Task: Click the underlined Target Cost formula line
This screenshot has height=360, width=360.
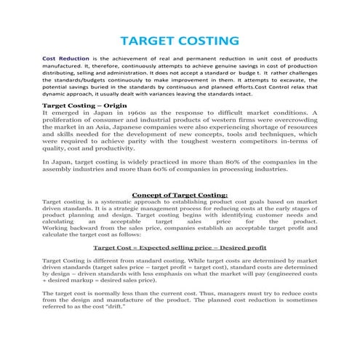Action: (x=180, y=247)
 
